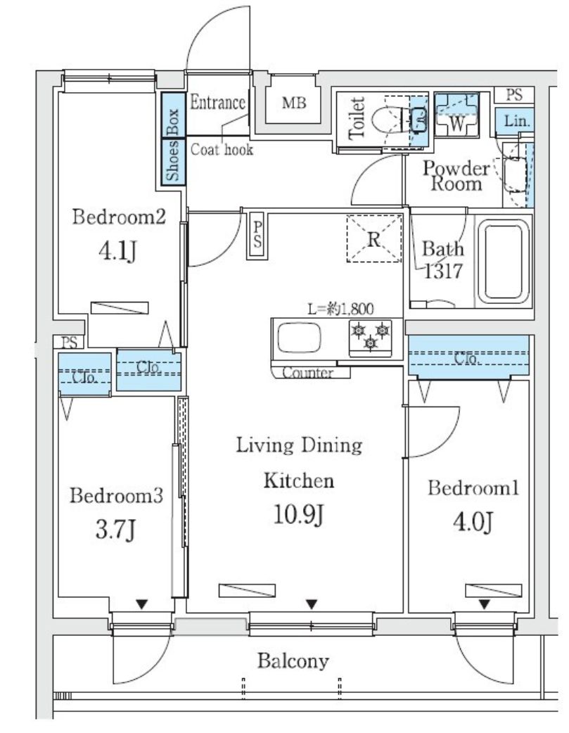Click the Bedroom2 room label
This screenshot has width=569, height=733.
[x=119, y=217]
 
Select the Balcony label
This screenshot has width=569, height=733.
[x=293, y=661]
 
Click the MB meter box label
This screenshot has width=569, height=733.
[x=294, y=104]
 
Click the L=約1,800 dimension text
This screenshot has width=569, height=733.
[x=340, y=308]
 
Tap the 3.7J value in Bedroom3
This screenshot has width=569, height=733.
[x=117, y=530]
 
